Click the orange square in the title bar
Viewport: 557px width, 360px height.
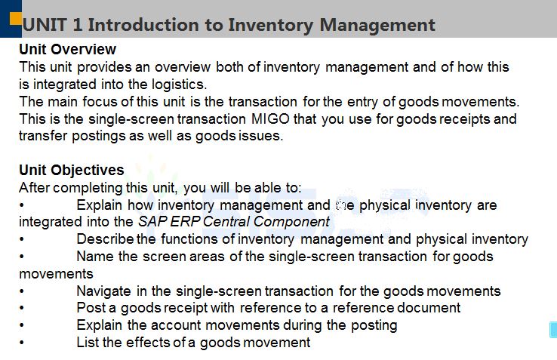coord(16,18)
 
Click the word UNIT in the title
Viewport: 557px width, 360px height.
coord(45,25)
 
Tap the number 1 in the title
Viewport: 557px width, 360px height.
coord(77,25)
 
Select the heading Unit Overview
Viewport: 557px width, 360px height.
coord(67,49)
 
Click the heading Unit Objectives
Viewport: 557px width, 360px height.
coord(72,170)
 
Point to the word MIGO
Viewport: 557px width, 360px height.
coord(270,118)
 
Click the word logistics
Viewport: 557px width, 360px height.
coord(180,85)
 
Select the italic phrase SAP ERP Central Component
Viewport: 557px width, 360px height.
coord(234,221)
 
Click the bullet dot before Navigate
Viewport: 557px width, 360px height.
coord(22,291)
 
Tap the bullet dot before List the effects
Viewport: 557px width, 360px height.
coord(22,343)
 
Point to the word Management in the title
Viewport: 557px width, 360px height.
coord(377,26)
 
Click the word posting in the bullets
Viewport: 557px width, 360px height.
coord(374,325)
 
